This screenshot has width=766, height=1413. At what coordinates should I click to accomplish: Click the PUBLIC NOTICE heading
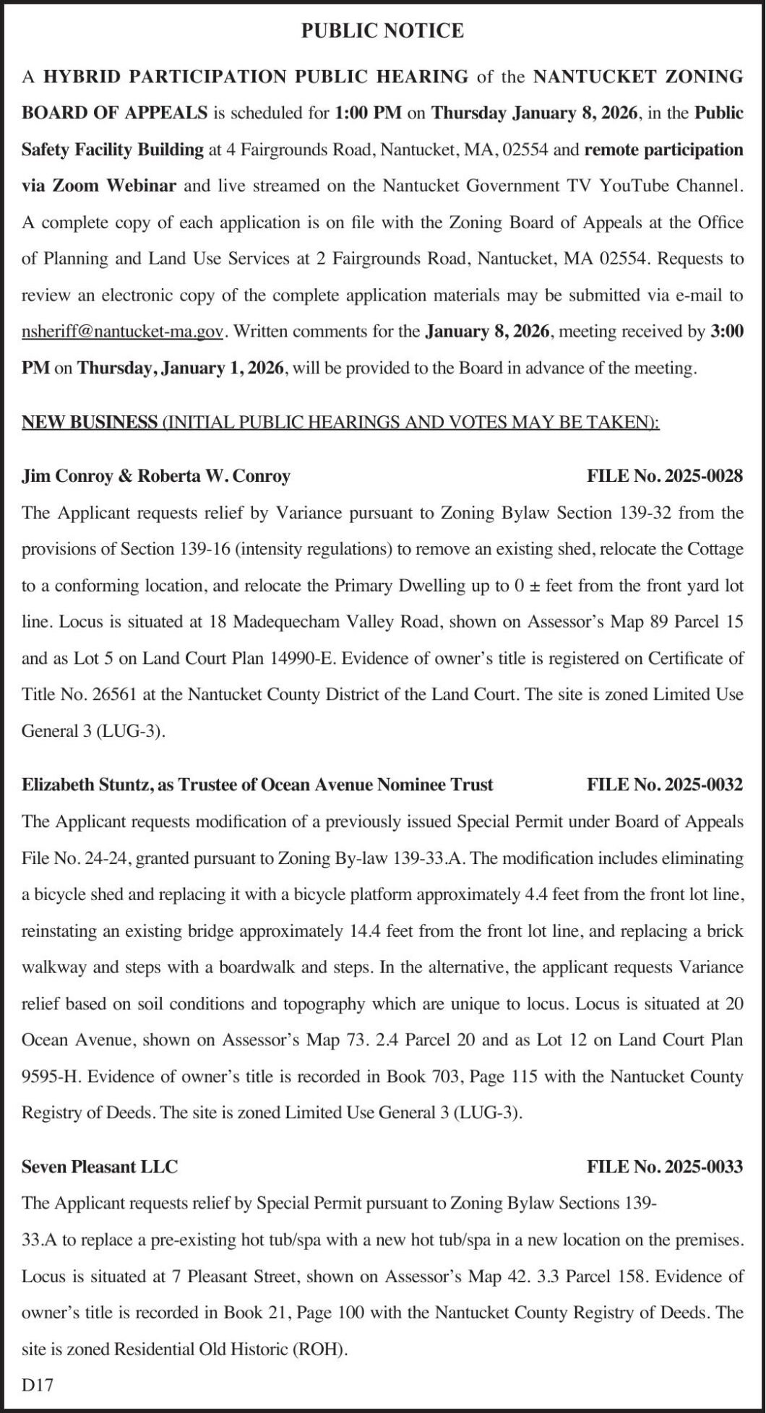tap(382, 30)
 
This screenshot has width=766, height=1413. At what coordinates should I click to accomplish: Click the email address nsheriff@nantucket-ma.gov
tap(122, 332)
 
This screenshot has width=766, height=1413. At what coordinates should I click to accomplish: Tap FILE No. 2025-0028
tap(664, 476)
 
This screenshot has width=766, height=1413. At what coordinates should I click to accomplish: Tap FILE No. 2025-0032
tap(664, 785)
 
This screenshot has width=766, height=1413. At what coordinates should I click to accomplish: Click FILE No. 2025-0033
tap(664, 1167)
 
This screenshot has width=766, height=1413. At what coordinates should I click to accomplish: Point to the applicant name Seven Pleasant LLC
tap(100, 1167)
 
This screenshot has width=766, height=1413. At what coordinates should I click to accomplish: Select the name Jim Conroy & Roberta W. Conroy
tap(156, 476)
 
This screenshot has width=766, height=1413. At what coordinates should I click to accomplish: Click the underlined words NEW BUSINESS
tap(90, 422)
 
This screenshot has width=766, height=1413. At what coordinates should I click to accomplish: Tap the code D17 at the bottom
tap(38, 1385)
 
